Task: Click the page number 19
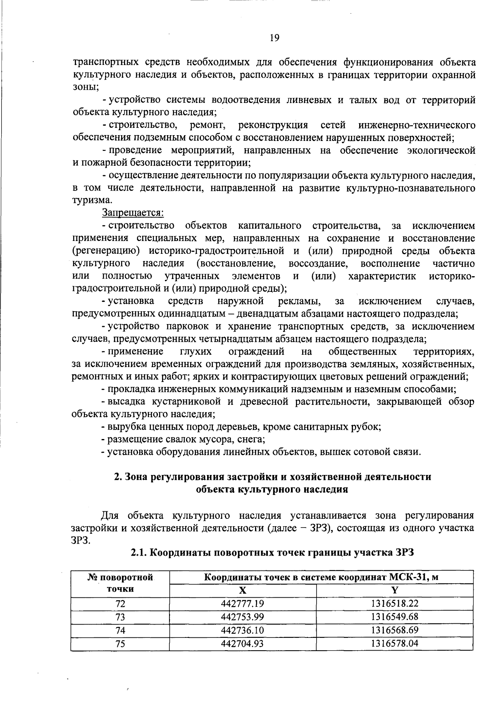pos(274,38)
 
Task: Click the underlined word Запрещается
pos(133,213)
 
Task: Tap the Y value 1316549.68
pos(394,617)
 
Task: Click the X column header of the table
pos(243,590)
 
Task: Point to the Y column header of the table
pos(394,590)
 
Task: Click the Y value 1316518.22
pos(394,604)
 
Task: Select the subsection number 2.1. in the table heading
pos(138,553)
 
